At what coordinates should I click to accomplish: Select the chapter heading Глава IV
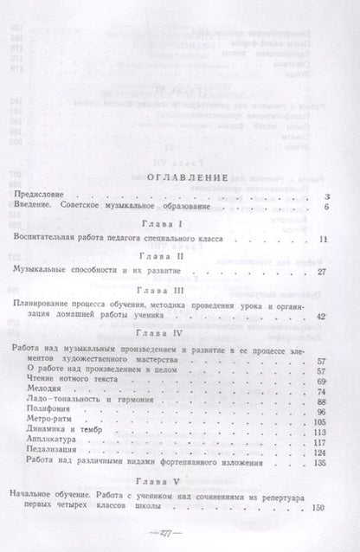pyautogui.click(x=177, y=333)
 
